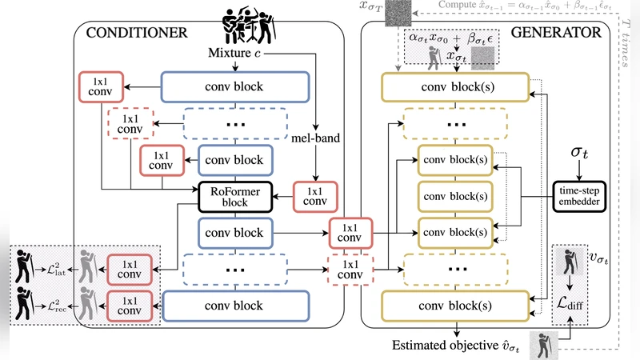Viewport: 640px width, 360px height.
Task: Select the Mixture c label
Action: (x=246, y=54)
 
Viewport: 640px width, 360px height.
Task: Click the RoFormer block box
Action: (x=236, y=197)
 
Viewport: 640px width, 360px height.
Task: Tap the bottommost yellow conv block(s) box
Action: (x=454, y=306)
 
